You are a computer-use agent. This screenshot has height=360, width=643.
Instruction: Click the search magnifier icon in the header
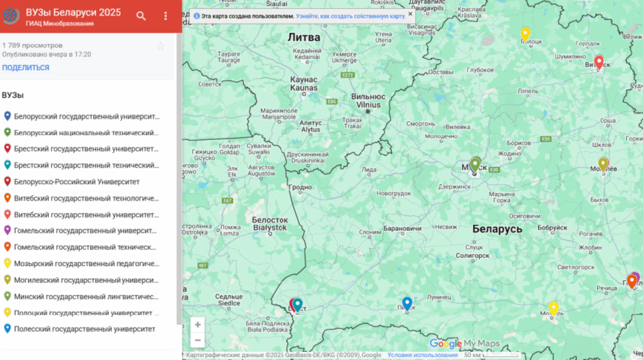point(141,16)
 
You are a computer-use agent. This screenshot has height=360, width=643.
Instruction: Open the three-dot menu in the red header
point(166,16)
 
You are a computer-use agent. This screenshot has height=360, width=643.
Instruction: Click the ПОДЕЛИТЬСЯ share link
point(26,67)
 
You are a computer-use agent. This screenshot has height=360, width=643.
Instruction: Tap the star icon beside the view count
point(160,46)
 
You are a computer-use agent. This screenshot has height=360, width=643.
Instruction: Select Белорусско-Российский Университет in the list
point(77,181)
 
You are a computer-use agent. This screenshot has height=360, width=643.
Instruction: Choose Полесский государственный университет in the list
point(84,328)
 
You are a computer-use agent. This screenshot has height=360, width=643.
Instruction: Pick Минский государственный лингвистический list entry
point(86,296)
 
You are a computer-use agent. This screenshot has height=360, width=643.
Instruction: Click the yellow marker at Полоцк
point(525,34)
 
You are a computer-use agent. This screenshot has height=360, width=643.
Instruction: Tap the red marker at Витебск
point(599,62)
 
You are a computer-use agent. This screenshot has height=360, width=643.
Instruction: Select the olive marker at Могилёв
point(603,163)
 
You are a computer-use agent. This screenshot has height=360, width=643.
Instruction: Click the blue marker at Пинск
point(406,303)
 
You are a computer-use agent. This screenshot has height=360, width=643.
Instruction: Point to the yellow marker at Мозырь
point(554,308)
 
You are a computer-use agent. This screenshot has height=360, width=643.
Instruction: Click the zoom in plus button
point(197,325)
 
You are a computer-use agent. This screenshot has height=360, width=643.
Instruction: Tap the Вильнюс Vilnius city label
point(367,101)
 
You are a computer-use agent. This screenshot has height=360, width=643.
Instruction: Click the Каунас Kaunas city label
point(304,84)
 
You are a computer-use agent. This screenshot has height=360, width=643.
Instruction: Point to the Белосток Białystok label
point(269,223)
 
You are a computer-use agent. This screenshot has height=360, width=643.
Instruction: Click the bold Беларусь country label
point(497,229)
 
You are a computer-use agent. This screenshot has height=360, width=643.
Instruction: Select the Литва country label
point(304,36)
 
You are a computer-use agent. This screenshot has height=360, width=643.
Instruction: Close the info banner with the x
point(410,14)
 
